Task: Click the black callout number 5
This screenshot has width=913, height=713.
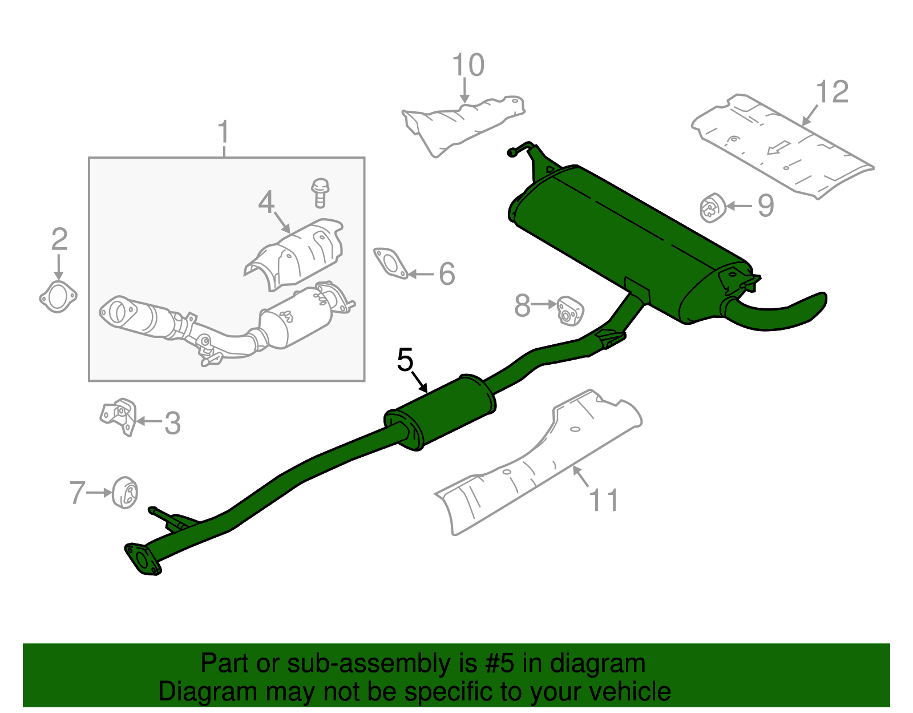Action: pos(405,360)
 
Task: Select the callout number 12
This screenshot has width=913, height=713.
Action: pos(832,92)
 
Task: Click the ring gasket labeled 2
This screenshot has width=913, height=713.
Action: pos(58,297)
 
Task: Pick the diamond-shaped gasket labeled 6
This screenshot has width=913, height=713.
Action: pos(391,264)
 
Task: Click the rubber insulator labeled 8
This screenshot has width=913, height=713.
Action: pos(569,310)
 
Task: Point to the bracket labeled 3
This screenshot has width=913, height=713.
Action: pos(119,416)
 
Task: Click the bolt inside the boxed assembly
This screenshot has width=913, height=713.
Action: pos(320,192)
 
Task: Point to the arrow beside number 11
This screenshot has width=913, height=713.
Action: pos(581,476)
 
